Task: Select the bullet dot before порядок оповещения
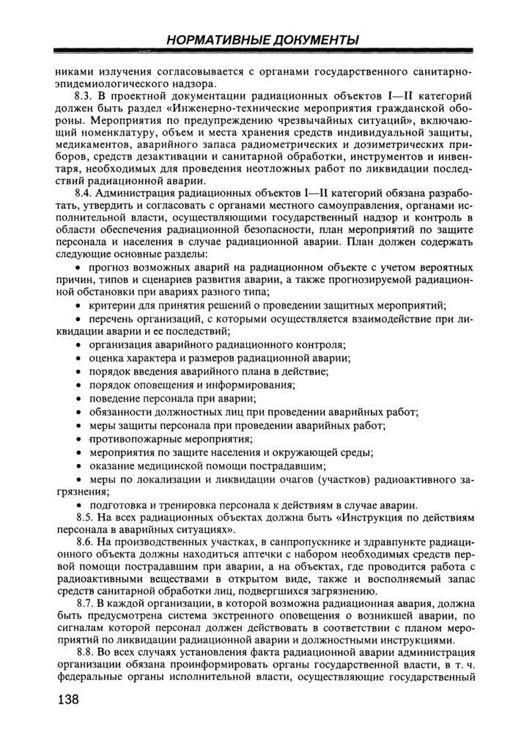click(x=80, y=385)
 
